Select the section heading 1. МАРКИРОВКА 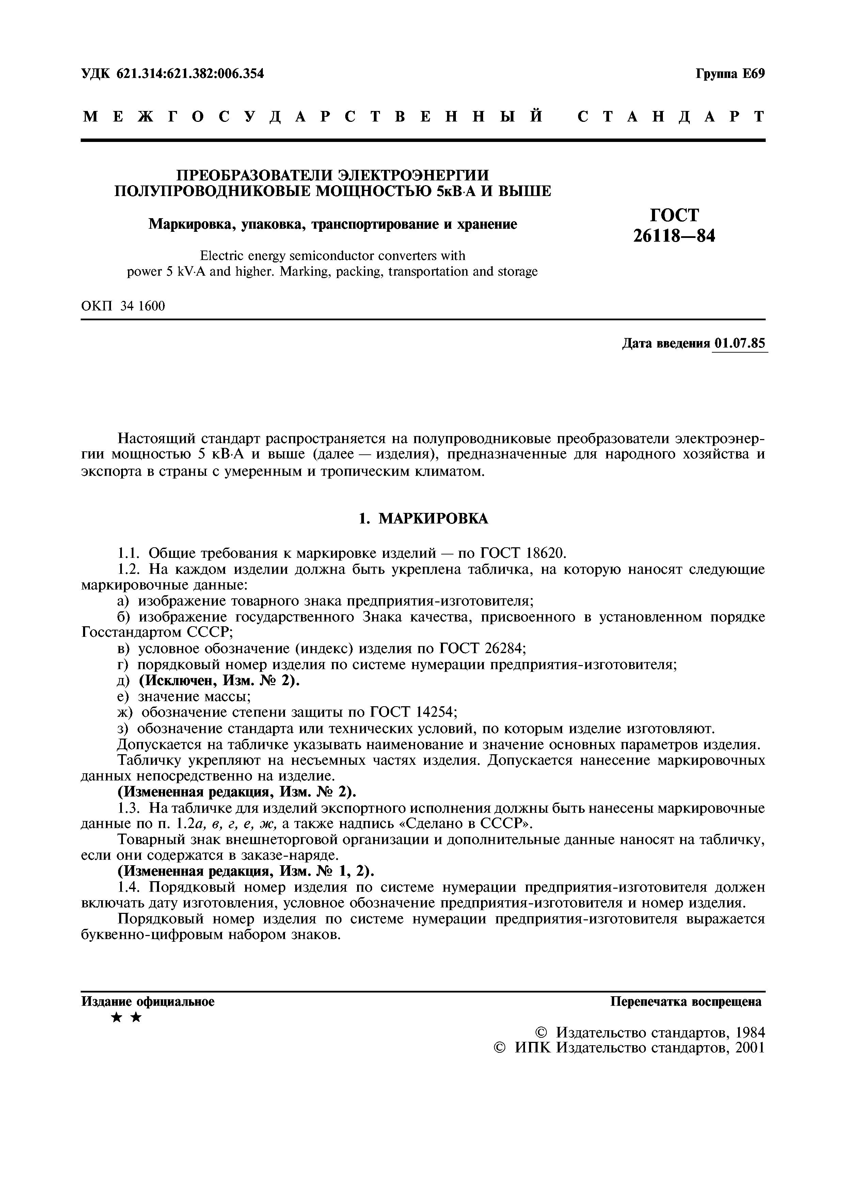pos(424,518)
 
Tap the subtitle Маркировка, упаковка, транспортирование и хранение pos(333,225)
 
